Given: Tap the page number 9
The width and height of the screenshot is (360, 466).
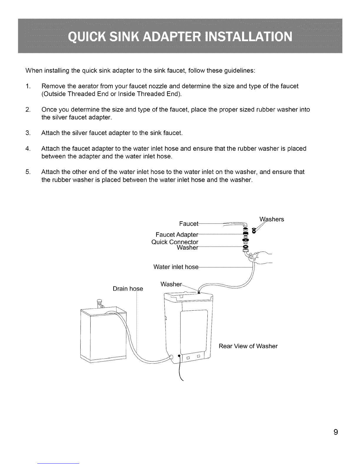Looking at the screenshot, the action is pos(336,432).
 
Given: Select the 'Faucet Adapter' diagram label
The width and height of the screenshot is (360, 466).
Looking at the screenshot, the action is pos(177,234).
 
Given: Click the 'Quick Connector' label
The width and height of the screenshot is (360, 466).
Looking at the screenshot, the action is pos(175,242).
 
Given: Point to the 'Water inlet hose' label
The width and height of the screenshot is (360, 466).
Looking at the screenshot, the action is pos(176,267).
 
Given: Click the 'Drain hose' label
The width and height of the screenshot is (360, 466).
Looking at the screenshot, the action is pos(128,289).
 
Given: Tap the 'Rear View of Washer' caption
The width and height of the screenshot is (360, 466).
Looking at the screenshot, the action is pos(248,346).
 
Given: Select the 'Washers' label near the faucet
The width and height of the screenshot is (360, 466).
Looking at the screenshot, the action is pos(272,219).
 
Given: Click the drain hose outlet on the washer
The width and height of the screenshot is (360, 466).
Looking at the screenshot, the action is pos(171,357).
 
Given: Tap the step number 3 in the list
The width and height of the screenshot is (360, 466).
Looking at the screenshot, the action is pos(28,133).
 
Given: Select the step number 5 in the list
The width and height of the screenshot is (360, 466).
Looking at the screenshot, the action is pos(28,172).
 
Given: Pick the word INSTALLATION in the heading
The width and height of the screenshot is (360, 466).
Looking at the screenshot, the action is pos(249,37).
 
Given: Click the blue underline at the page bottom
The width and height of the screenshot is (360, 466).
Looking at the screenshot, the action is pos(58,463).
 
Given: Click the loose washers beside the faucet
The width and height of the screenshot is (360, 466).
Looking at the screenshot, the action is pos(254,231).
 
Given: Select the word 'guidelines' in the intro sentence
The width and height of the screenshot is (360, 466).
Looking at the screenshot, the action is pos(239,71).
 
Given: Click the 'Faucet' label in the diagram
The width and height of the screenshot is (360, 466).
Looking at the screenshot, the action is pos(189,224).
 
